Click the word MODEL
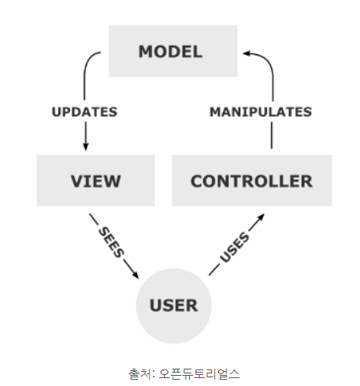pos(170,51)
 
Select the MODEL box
pos(173,51)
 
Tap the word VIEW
pos(96,181)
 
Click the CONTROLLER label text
pos(251,181)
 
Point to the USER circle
pos(174,306)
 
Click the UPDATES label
pos(84,112)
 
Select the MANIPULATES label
pos(261,112)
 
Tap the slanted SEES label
pos(111,242)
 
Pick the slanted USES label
pos(235,247)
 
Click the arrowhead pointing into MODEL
pos(246,54)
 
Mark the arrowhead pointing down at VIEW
pos(85,147)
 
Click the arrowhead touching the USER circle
pos(135,275)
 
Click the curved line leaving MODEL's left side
pos(86,69)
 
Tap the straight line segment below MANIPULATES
pos(272,135)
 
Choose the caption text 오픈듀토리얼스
pos(199,374)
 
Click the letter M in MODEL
pos(145,51)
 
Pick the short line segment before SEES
pos(94,219)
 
